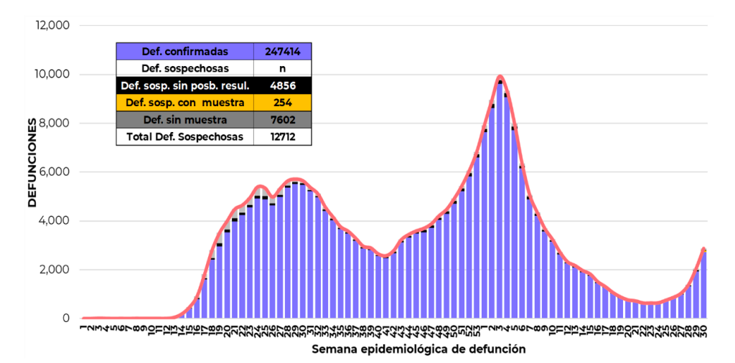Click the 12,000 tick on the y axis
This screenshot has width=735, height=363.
tap(52, 25)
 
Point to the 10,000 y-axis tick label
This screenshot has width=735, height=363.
tap(52, 74)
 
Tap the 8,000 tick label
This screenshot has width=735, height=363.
tap(54, 123)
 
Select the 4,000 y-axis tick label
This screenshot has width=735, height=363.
tap(54, 220)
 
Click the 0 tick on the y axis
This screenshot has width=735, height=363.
tap(65, 319)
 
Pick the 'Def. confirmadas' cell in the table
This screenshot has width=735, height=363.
tap(185, 52)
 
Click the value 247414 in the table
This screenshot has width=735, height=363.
tap(282, 52)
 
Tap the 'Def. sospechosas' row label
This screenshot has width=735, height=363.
tap(185, 69)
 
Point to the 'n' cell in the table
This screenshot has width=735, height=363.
tap(282, 69)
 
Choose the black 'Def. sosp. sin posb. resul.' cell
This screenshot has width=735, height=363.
tap(185, 86)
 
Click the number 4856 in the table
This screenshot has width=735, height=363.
tap(282, 86)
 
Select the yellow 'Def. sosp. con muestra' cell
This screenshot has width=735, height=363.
tap(185, 103)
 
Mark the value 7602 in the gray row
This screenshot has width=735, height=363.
tap(282, 120)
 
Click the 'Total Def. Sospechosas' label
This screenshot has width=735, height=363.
tap(185, 136)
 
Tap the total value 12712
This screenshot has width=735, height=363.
tap(282, 136)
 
